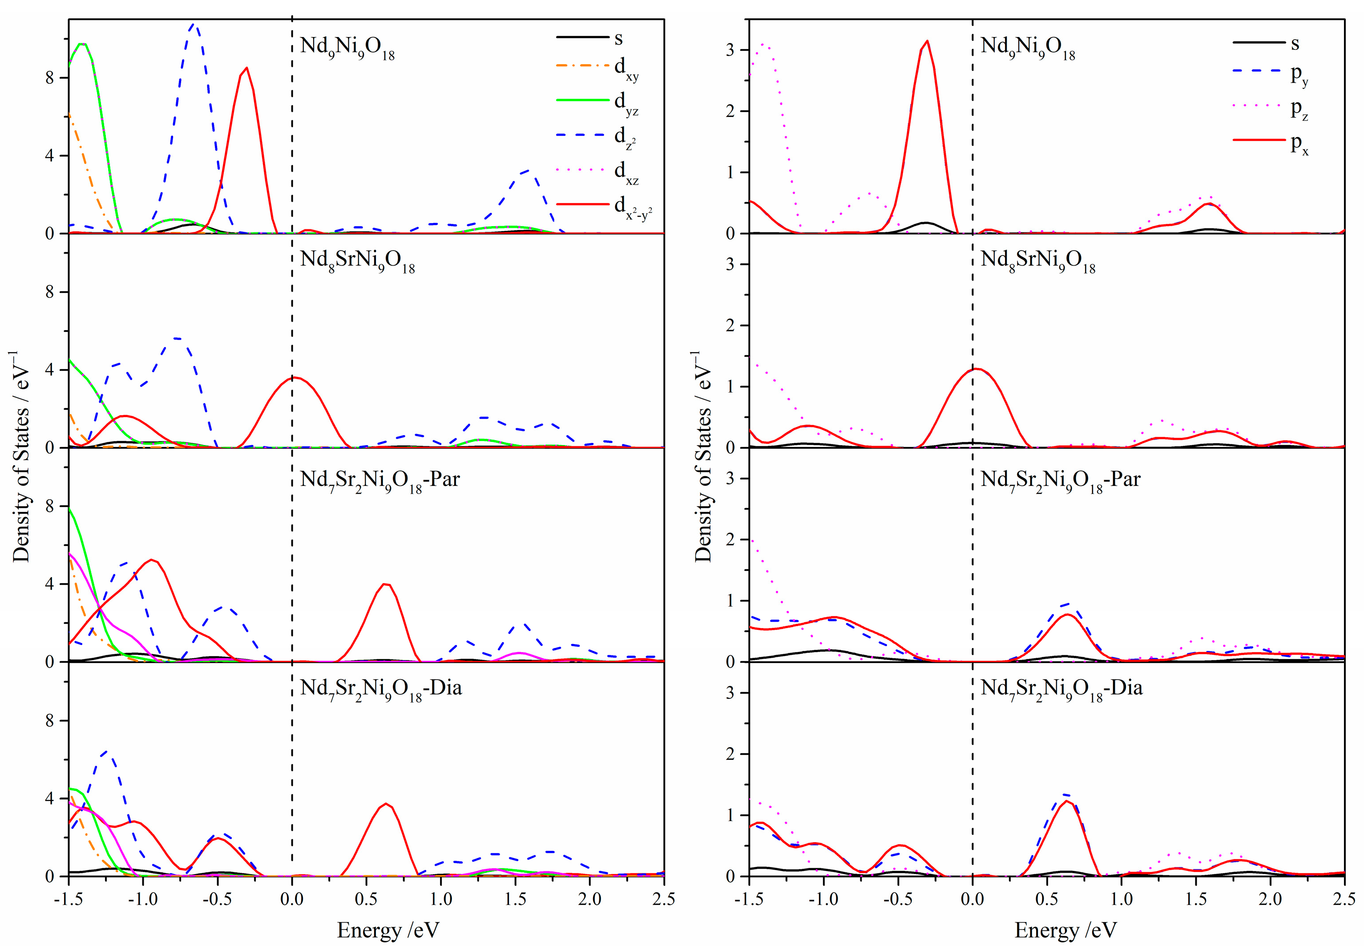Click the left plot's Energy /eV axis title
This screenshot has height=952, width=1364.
point(388,929)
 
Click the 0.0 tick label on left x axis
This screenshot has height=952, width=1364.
point(292,899)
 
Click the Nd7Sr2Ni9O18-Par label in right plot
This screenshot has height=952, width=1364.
point(1061,480)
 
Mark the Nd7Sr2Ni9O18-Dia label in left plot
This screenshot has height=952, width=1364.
point(381,689)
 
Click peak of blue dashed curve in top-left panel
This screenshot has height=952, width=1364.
point(194,25)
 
